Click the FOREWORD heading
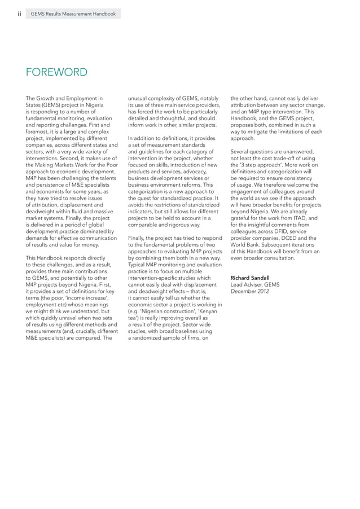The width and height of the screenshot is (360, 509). pos(56,72)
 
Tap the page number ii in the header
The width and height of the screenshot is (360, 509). pos(20,14)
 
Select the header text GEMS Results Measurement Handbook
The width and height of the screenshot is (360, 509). pos(73,14)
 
